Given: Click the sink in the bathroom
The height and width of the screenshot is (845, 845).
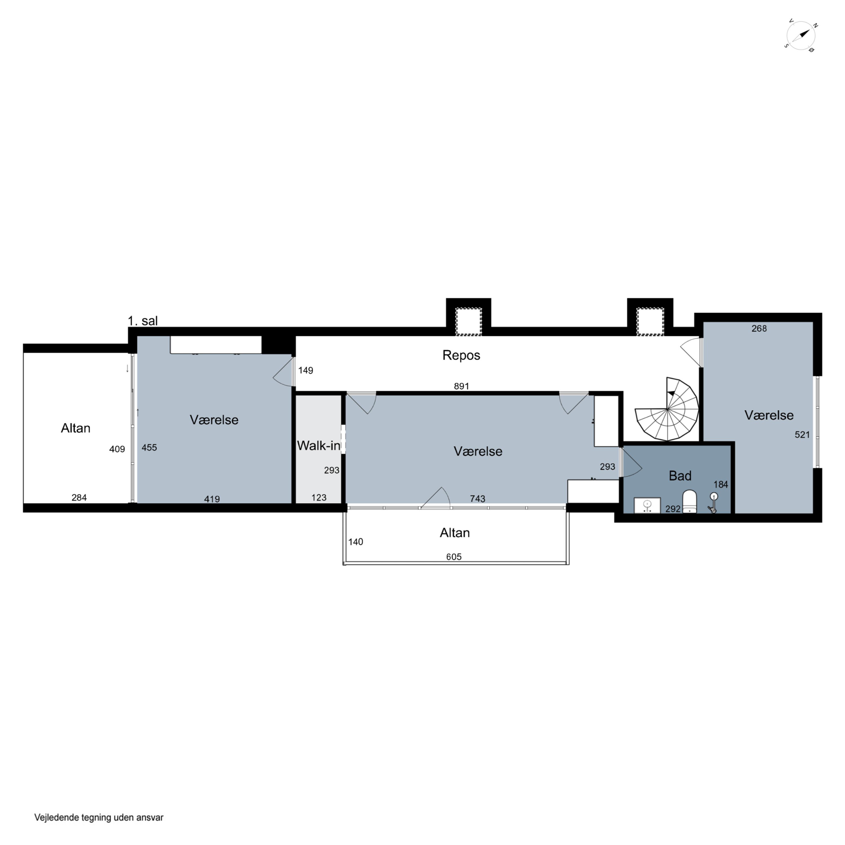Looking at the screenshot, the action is pyautogui.click(x=647, y=505).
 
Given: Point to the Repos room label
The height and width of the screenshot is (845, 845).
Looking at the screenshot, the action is pyautogui.click(x=461, y=355).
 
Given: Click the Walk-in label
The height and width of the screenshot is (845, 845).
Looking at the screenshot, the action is pyautogui.click(x=318, y=446).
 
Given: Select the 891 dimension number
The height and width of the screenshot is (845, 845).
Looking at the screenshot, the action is pyautogui.click(x=461, y=386).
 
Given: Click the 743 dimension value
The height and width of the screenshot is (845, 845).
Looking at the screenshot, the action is pyautogui.click(x=478, y=499).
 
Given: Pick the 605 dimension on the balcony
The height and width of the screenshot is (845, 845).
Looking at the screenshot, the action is pyautogui.click(x=454, y=557).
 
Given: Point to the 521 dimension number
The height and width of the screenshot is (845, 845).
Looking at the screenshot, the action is pyautogui.click(x=802, y=435).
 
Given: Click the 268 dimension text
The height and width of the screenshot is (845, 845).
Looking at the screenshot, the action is pyautogui.click(x=759, y=328).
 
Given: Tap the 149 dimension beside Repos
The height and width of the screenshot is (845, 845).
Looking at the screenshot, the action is pyautogui.click(x=306, y=370).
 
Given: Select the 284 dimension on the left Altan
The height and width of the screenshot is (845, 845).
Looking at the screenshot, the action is pyautogui.click(x=79, y=497).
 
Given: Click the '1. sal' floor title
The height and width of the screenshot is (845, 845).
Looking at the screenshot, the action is pyautogui.click(x=143, y=321).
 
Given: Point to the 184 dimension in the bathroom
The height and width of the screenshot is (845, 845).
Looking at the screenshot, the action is pyautogui.click(x=721, y=484).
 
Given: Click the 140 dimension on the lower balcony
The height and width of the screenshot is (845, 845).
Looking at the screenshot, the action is pyautogui.click(x=355, y=542).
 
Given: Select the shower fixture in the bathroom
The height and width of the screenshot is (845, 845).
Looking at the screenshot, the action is pyautogui.click(x=713, y=502).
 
